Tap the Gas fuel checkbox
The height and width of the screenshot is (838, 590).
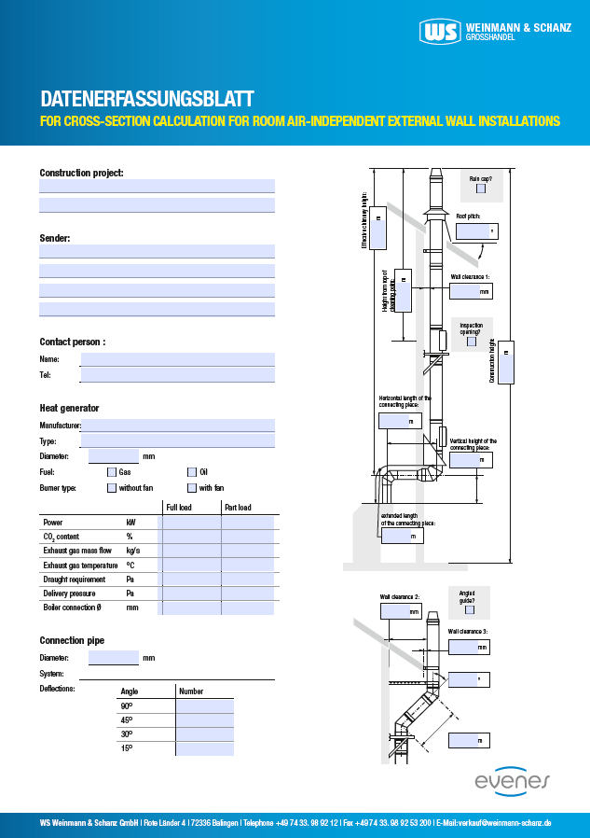112,472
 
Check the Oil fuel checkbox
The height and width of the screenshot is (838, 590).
192,472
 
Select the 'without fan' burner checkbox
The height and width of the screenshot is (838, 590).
112,487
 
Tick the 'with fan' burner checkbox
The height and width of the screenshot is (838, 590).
192,487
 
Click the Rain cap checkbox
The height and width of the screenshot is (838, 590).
481,189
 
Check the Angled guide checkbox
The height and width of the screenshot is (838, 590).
470,610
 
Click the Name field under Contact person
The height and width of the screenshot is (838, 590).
177,359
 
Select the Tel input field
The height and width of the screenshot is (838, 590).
177,375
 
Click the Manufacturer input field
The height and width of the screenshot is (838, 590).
177,426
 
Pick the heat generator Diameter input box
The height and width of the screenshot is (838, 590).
113,456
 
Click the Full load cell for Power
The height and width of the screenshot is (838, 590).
189,523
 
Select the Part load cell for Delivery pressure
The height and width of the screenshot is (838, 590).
248,594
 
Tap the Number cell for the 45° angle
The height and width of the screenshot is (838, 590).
204,720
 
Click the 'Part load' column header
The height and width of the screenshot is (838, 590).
237,508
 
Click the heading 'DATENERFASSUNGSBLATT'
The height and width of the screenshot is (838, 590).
147,99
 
